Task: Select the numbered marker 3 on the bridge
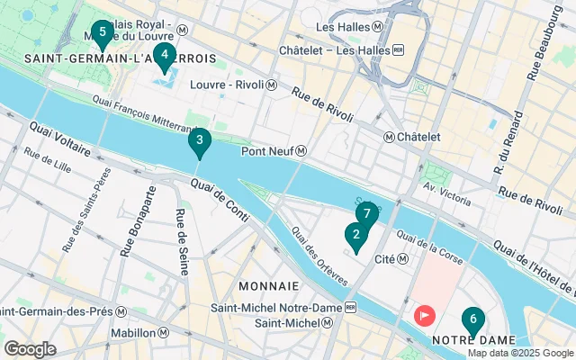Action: (x=199, y=141)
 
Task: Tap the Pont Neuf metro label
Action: (x=274, y=151)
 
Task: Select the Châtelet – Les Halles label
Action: (x=342, y=49)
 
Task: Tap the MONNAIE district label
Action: (x=268, y=285)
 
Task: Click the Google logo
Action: (x=30, y=348)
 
